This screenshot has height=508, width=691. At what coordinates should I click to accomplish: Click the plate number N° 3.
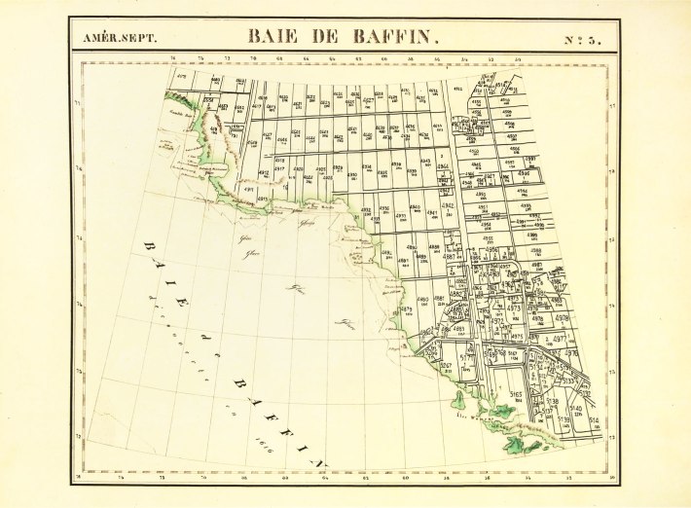click(582, 39)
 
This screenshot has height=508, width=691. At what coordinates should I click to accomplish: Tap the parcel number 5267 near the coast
click(447, 366)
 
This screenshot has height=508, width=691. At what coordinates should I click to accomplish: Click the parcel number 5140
click(575, 408)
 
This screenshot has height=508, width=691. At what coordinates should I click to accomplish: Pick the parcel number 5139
click(563, 419)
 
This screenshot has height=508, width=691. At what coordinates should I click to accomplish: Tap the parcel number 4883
click(458, 330)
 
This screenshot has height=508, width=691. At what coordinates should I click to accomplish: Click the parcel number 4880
click(422, 299)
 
